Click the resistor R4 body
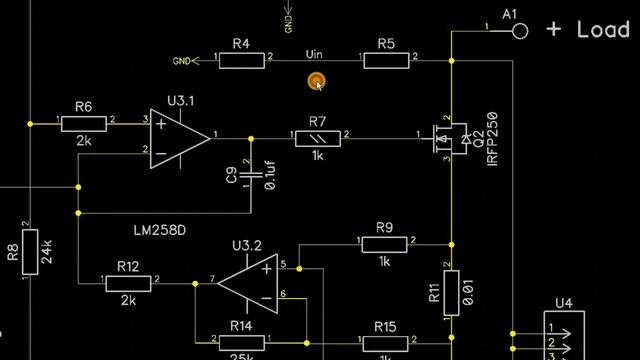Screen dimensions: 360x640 pos(241,61)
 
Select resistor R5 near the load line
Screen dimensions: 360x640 pos(386,61)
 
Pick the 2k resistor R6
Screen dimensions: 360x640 pos(84,123)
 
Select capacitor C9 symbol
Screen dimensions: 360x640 pos(250,177)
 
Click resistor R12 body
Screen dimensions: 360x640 pos(128,283)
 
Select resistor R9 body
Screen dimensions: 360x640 pos(384,242)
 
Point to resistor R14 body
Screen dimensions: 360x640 pos(241,342)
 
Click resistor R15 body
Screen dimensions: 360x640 pos(384,342)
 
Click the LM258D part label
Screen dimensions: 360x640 pos(161,230)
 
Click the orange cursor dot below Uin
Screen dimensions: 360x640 pos(316,81)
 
